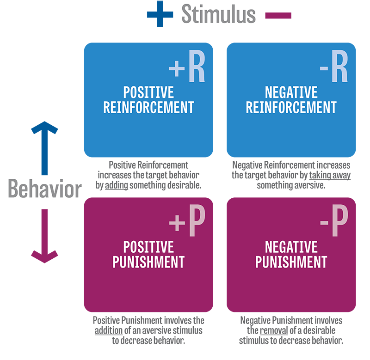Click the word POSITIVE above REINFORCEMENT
click(148, 92)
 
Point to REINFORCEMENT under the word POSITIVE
click(148, 107)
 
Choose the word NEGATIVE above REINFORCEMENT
click(291, 92)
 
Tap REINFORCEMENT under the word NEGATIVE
click(291, 107)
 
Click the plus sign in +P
click(177, 224)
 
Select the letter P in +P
click(196, 224)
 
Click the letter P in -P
click(339, 224)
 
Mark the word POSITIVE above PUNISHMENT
click(148, 246)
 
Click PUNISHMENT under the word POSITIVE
click(148, 262)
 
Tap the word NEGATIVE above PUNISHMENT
click(291, 246)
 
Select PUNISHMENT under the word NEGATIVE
click(291, 262)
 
